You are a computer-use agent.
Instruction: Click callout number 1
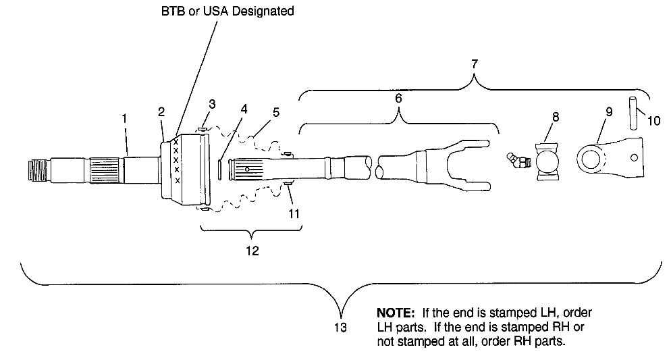pyautogui.click(x=124, y=118)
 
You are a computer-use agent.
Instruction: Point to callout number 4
pyautogui.click(x=243, y=109)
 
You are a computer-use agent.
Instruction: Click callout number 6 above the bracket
pyautogui.click(x=398, y=99)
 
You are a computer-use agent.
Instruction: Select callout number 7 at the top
pyautogui.click(x=475, y=63)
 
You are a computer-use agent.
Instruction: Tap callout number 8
pyautogui.click(x=555, y=117)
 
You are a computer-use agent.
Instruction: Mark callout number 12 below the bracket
pyautogui.click(x=251, y=250)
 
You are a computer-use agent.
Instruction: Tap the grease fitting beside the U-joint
pyautogui.click(x=517, y=161)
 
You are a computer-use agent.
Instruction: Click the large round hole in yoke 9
pyautogui.click(x=591, y=161)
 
